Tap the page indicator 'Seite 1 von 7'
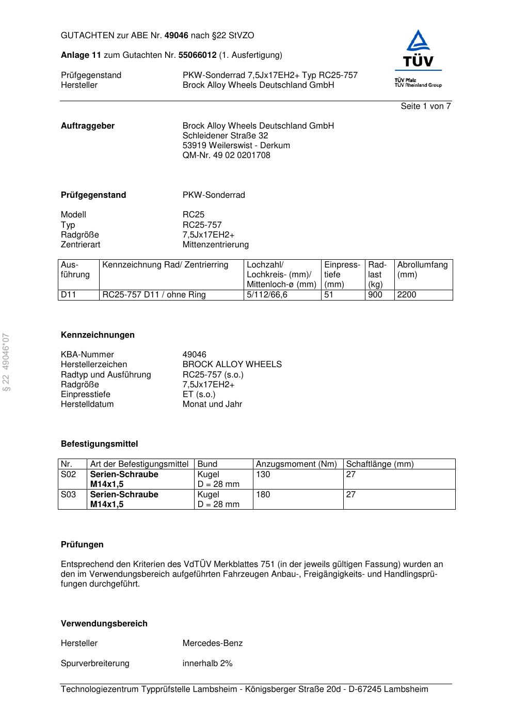425,106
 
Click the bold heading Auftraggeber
88,126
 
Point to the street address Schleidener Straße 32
225,136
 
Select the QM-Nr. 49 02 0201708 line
226,155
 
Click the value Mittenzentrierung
215,245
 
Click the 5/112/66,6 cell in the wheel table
267,295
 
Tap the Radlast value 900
375,295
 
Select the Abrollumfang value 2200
407,295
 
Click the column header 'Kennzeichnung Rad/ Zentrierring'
165,265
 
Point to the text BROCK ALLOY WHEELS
232,365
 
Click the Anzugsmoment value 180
263,495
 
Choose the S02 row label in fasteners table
68,475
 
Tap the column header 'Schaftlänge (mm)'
379,464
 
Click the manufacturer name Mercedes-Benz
212,643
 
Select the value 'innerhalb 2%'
207,664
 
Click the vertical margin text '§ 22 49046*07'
7,362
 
